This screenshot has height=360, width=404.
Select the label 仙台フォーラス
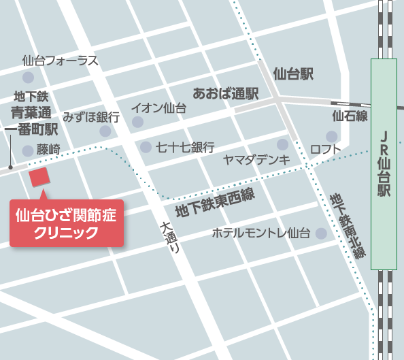(x=60, y=61)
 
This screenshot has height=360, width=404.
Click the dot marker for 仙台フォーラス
(x=28, y=77)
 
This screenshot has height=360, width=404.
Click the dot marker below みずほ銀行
(x=105, y=131)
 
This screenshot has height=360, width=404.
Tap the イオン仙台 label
(x=158, y=107)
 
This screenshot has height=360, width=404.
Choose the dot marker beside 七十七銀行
(x=145, y=147)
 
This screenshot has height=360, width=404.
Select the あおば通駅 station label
(x=226, y=93)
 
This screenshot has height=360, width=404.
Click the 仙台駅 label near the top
(x=293, y=73)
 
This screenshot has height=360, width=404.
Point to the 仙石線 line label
(x=350, y=116)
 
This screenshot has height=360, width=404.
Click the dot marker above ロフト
(x=282, y=144)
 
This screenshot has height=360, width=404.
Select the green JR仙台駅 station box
(x=384, y=163)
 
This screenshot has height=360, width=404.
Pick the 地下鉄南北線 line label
(x=348, y=225)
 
